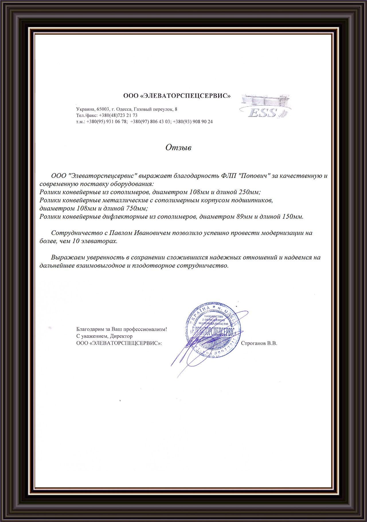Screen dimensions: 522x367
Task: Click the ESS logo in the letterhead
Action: pyautogui.click(x=265, y=106)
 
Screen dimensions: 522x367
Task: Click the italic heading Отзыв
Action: pyautogui.click(x=178, y=147)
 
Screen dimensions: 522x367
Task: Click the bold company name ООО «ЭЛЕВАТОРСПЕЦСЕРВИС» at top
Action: pyautogui.click(x=177, y=96)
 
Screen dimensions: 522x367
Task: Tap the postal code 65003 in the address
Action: pyautogui.click(x=103, y=109)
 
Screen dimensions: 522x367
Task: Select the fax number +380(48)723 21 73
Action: pyautogui.click(x=118, y=115)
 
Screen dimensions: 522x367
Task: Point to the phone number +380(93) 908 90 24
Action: pyautogui.click(x=193, y=122)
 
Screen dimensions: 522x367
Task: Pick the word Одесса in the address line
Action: pyautogui.click(x=124, y=109)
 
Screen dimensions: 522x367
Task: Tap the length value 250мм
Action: pyautogui.click(x=249, y=192)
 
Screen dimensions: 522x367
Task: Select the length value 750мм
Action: pyautogui.click(x=137, y=208)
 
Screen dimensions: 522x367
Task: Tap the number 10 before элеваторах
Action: pyautogui.click(x=76, y=241)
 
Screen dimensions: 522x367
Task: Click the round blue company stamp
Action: pyautogui.click(x=213, y=330)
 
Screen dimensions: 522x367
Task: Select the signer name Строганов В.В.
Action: pyautogui.click(x=259, y=343)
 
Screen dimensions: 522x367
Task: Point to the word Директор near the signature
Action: pyautogui.click(x=121, y=336)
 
